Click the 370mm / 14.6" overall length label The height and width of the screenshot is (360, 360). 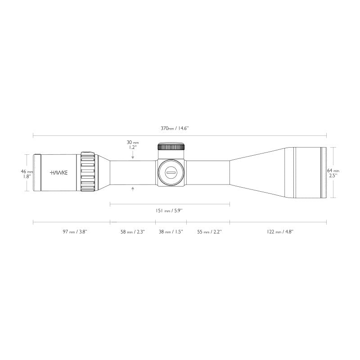[x=175, y=128]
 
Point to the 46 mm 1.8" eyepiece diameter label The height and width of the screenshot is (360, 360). [x=27, y=174]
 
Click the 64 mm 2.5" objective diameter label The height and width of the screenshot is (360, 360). [x=333, y=173]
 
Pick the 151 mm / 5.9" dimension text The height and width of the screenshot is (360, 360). [x=169, y=210]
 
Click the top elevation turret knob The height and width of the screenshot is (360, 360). [x=171, y=147]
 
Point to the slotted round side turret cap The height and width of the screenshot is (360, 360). [x=171, y=172]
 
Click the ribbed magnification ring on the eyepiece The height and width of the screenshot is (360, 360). [x=88, y=173]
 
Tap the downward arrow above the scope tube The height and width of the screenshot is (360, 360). [x=133, y=157]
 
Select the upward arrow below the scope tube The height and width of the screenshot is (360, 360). [x=133, y=189]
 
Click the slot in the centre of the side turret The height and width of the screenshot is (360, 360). [x=171, y=172]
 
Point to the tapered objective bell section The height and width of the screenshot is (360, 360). [x=261, y=173]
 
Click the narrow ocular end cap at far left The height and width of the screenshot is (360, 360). [x=38, y=173]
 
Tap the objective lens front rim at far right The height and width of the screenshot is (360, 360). [x=324, y=173]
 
